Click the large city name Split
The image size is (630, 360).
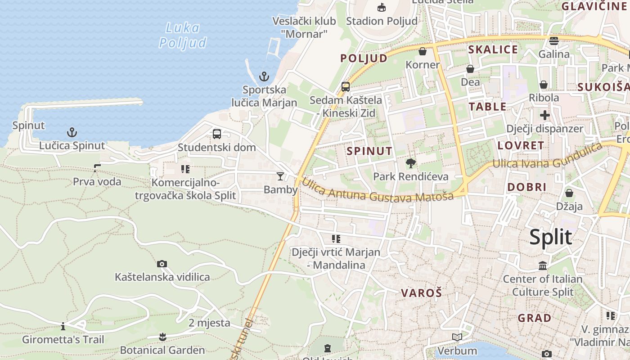click(550, 237)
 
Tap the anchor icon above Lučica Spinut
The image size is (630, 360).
click(72, 132)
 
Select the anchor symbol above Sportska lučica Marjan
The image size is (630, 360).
click(264, 76)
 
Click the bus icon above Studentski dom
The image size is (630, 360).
click(217, 134)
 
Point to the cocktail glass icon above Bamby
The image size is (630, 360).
click(280, 176)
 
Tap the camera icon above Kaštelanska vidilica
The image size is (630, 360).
click(162, 264)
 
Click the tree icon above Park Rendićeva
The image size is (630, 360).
click(410, 163)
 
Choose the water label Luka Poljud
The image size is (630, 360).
click(183, 35)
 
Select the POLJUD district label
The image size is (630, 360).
click(364, 58)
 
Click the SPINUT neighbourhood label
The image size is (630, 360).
click(369, 151)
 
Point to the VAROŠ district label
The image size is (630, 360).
click(422, 293)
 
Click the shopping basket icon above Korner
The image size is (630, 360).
click(423, 51)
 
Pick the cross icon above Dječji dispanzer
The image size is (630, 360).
click(545, 115)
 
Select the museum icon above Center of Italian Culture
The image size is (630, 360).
click(543, 265)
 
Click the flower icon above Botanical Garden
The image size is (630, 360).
click(162, 337)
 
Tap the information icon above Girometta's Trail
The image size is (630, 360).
click(63, 326)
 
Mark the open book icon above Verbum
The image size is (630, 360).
click(457, 337)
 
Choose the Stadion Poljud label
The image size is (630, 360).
click(382, 21)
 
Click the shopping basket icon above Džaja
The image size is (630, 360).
click(569, 193)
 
